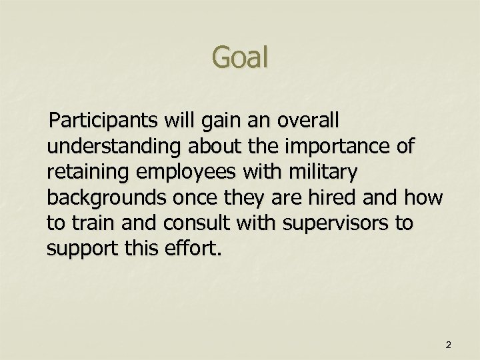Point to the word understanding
(113, 147)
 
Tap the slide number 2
(448, 345)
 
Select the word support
(79, 249)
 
